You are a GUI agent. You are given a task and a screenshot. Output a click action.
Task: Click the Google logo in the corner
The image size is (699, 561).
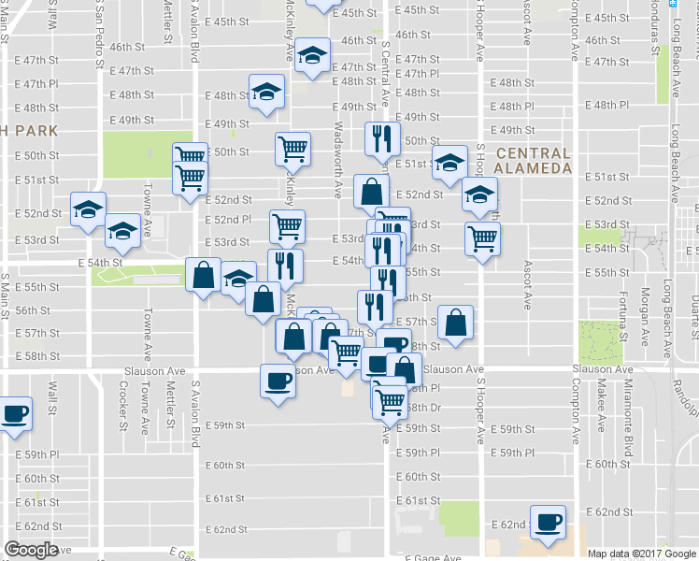click(32, 550)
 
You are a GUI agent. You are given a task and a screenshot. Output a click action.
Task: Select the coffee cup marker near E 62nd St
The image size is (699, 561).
click(549, 522)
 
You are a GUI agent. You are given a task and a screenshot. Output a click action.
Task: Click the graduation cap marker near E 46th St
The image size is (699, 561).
click(312, 56)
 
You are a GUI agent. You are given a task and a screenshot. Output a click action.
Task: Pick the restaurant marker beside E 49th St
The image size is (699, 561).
click(381, 138)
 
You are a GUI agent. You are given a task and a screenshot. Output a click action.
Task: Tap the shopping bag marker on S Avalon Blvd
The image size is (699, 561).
click(203, 275)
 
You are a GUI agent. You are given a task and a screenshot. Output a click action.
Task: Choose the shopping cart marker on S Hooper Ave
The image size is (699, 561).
click(482, 238)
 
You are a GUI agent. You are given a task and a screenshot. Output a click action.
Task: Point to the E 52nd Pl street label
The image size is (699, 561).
click(228, 220)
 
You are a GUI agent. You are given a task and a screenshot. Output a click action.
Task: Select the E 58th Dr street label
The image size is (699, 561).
click(423, 408)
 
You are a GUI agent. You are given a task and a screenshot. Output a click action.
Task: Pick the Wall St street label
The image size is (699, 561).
click(53, 398)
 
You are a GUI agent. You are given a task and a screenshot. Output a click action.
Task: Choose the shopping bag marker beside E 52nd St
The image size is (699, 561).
click(372, 191)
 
